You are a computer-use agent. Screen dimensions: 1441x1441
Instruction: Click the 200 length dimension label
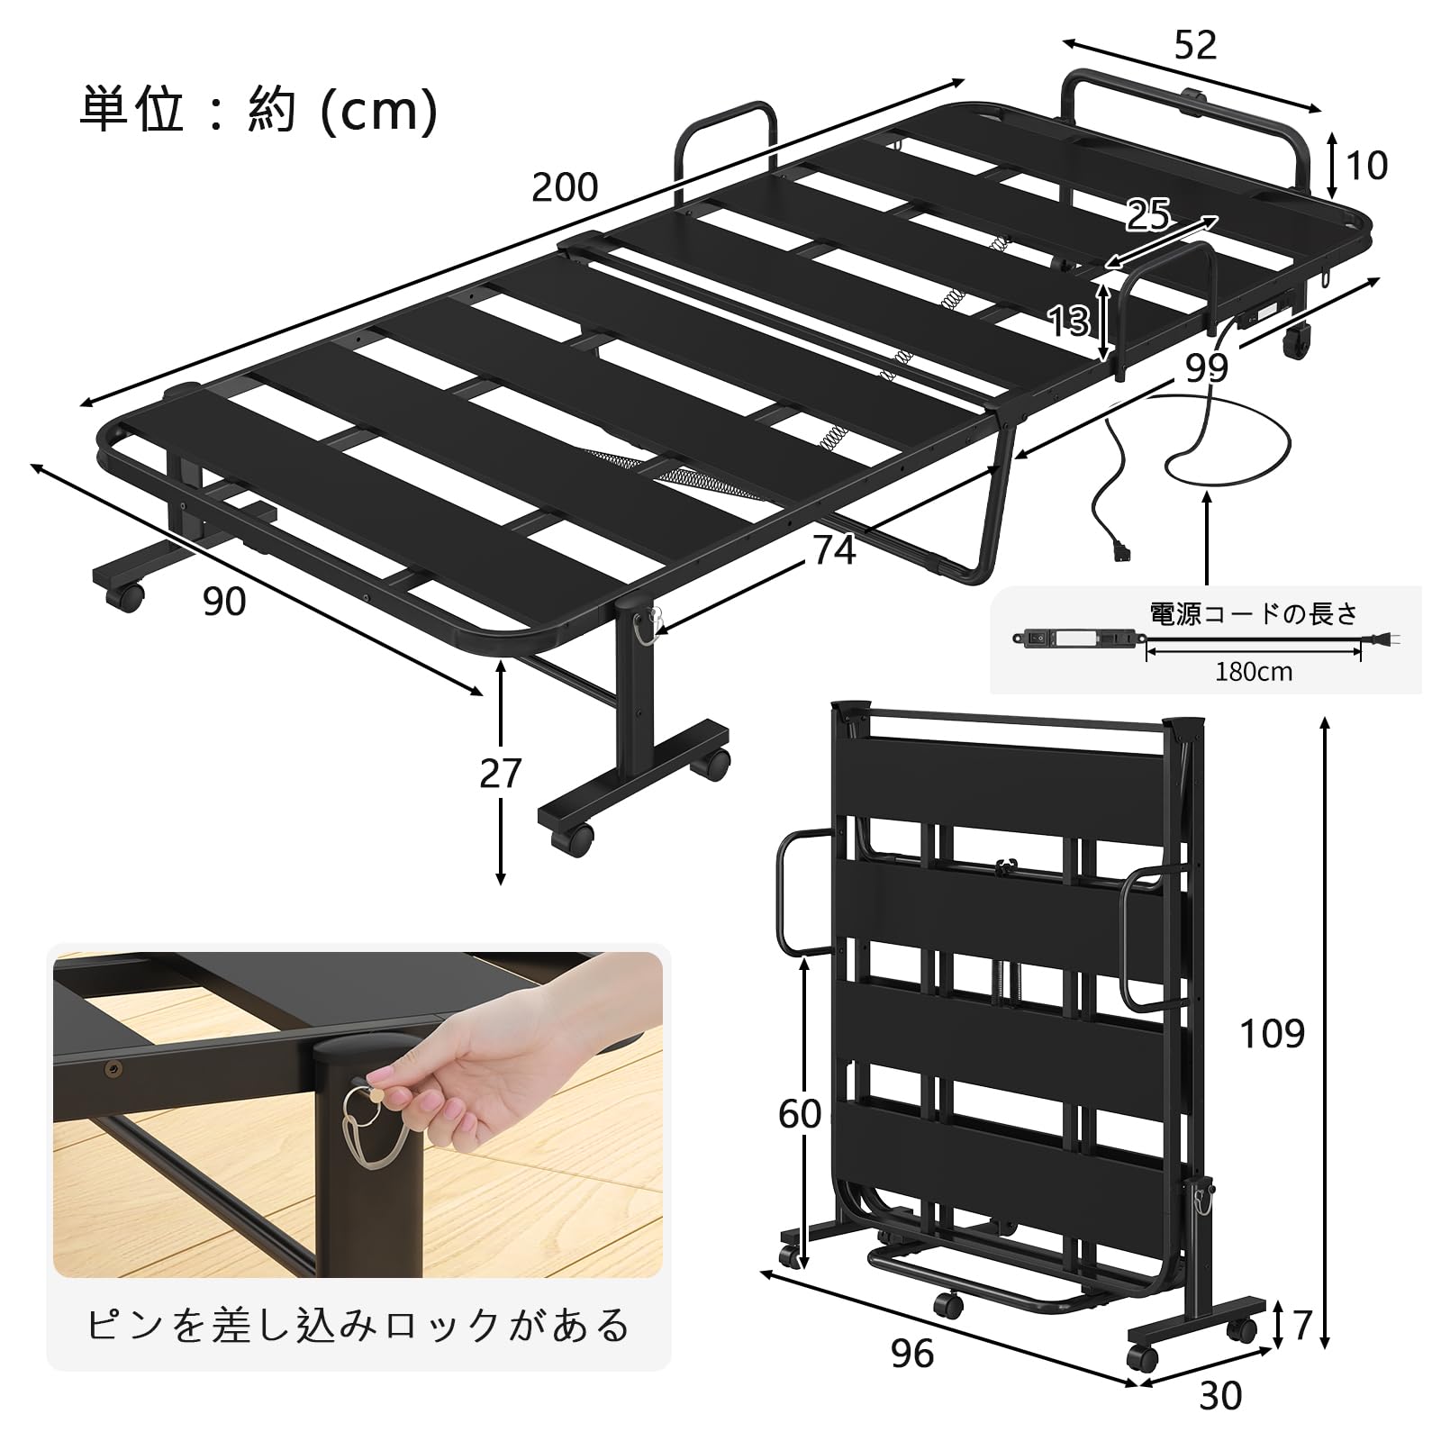[565, 187]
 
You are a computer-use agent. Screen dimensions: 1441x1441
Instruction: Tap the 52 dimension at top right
[1195, 45]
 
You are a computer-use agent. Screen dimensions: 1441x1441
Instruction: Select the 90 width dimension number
[224, 602]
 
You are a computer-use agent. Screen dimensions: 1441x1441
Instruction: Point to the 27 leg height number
[501, 774]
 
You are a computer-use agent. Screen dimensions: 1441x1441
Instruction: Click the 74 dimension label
[834, 550]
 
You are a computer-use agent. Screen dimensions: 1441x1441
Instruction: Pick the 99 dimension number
[1206, 368]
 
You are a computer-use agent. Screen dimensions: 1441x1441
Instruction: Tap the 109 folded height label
[1272, 1034]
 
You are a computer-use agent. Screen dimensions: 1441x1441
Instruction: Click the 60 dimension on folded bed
[800, 1114]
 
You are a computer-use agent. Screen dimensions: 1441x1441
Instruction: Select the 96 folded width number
[911, 1354]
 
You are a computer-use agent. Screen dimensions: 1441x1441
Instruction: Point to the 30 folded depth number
[1220, 1396]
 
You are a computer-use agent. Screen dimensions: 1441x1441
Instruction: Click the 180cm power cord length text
[1254, 672]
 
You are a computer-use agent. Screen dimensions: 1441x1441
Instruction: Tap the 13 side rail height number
[1069, 320]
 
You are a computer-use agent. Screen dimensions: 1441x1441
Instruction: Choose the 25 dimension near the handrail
[1149, 214]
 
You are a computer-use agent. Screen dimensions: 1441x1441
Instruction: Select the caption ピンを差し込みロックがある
[358, 1326]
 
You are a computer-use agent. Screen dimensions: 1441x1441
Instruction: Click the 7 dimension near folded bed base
[1301, 1325]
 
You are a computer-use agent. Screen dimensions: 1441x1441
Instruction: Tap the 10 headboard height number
[1367, 166]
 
